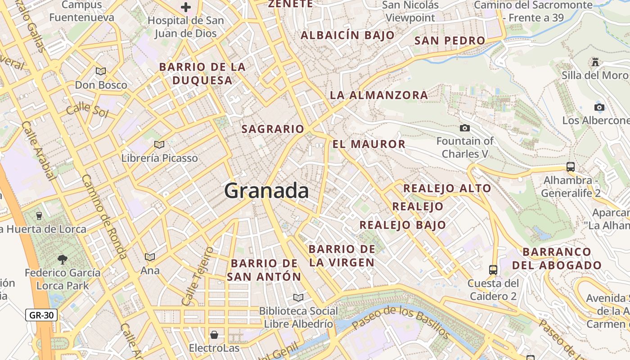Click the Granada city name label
click(266, 191)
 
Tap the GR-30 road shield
click(41, 315)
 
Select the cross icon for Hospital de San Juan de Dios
click(186, 7)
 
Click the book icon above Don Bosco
click(101, 71)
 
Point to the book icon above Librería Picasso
click(159, 144)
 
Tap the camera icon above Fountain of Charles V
click(465, 128)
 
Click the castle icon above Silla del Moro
click(596, 62)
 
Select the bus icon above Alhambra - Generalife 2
click(571, 167)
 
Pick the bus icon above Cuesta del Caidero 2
click(493, 270)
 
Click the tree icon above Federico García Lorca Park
click(63, 259)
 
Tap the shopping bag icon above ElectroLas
click(214, 334)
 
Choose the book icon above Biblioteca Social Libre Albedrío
click(298, 297)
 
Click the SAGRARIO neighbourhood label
click(273, 129)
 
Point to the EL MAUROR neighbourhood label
click(369, 144)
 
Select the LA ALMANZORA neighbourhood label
click(379, 95)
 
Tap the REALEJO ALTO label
click(447, 188)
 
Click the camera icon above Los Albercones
click(599, 107)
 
